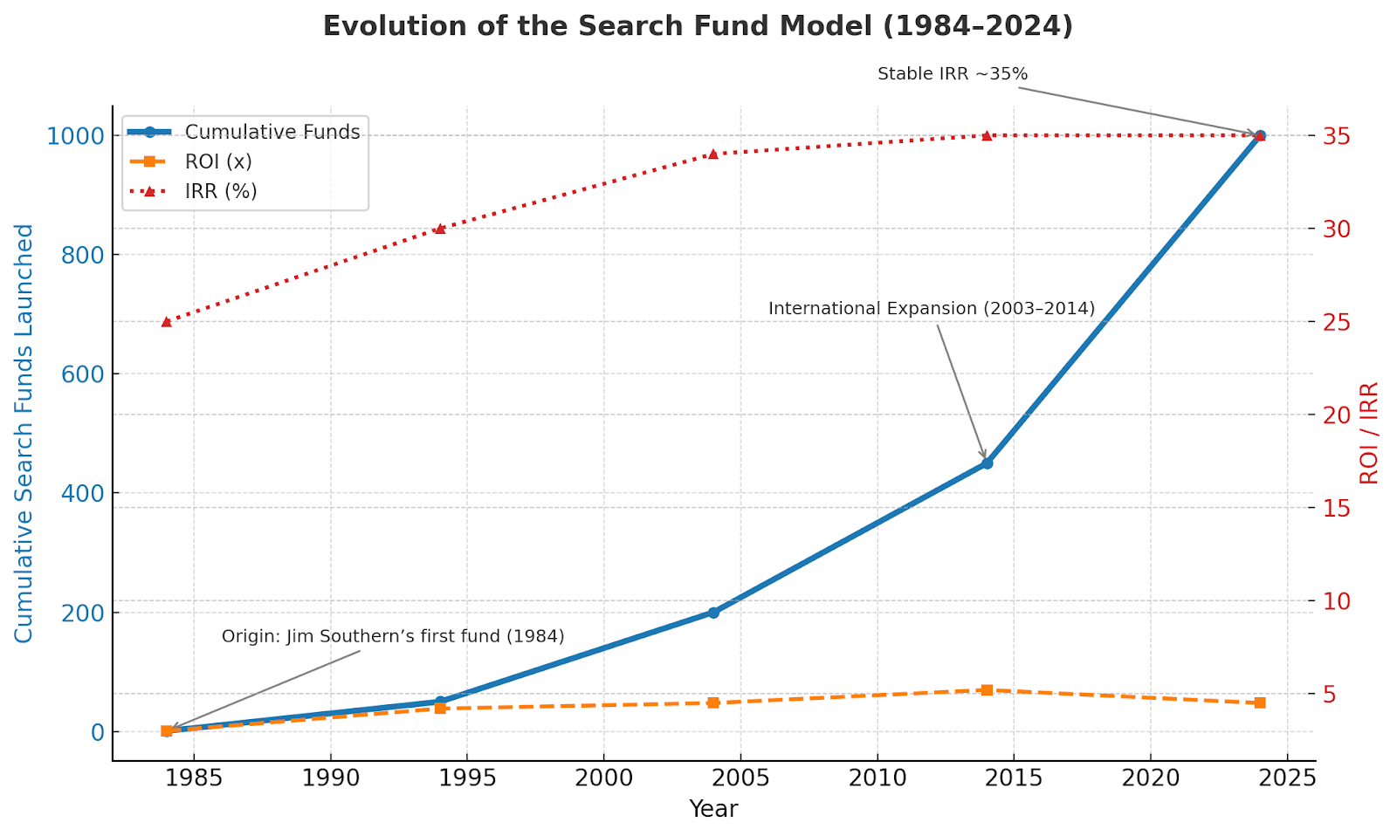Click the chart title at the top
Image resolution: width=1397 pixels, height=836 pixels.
[x=698, y=26]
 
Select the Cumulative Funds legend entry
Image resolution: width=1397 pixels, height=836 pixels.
[x=272, y=133]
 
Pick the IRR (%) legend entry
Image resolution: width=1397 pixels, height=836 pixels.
[x=220, y=191]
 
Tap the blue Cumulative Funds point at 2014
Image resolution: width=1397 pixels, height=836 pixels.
[x=987, y=463]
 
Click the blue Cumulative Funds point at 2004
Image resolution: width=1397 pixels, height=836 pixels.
[x=713, y=613]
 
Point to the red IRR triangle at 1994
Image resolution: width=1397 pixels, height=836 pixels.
[x=440, y=229]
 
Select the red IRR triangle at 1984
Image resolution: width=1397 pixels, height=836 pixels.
[x=167, y=322]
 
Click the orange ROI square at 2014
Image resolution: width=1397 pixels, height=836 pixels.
[x=987, y=690]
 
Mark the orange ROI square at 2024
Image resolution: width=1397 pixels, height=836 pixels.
[x=1260, y=702]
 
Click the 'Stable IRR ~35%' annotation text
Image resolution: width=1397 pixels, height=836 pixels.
[x=953, y=74]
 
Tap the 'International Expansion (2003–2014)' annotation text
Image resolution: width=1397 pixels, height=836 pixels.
[x=931, y=309]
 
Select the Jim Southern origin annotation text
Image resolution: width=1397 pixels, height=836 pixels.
[x=393, y=636]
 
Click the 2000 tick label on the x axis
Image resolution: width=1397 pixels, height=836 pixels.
[x=603, y=778]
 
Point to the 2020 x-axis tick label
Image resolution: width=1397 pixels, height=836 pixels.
[x=1150, y=778]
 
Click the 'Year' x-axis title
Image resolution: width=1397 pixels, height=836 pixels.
[x=713, y=809]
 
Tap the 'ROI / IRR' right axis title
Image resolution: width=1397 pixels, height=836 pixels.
[x=1369, y=433]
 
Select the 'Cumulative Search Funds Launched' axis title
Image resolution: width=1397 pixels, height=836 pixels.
[x=24, y=433]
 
